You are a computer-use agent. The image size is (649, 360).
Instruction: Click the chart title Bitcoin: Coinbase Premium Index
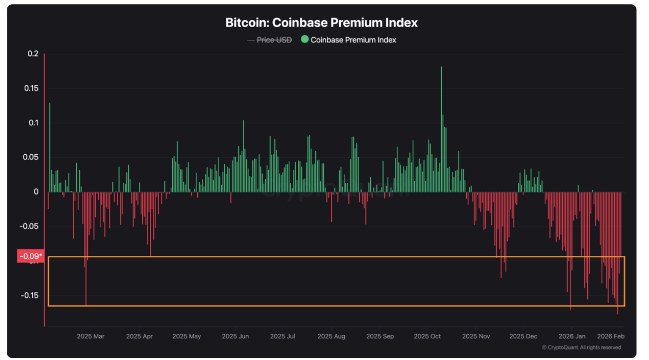(321, 23)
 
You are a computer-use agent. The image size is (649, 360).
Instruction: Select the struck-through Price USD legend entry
(274, 40)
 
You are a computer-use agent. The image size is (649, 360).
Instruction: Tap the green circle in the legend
(305, 40)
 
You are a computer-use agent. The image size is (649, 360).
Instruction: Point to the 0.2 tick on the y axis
(32, 54)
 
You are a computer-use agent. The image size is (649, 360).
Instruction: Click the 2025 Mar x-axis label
(90, 336)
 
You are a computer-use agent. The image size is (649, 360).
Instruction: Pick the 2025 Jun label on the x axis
(235, 336)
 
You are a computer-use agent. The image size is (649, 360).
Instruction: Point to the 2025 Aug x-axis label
(331, 336)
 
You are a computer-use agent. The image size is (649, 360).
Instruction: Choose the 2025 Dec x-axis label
(523, 336)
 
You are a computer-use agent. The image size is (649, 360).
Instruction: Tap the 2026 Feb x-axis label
(611, 336)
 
